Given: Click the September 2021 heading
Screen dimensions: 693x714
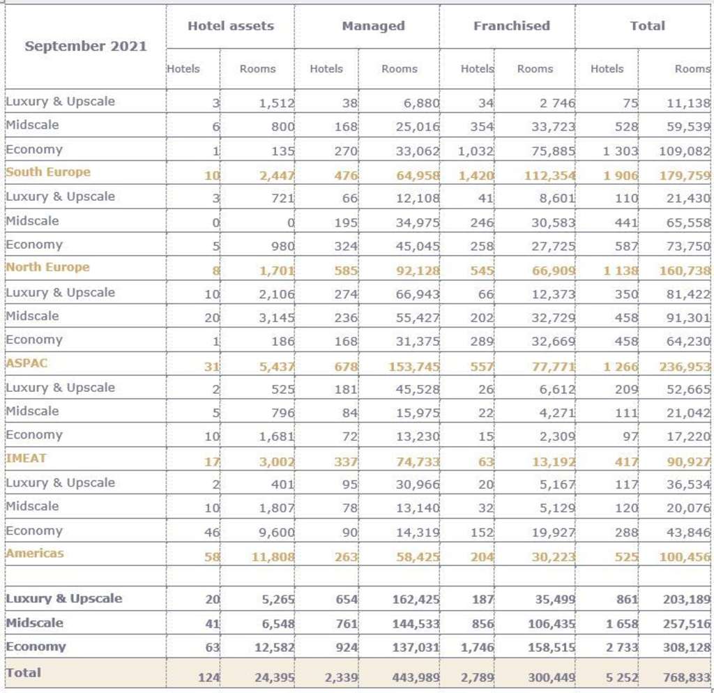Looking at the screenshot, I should coord(86,46).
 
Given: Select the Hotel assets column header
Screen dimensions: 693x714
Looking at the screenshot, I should coord(230,26).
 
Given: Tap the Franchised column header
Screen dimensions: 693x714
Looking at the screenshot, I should coord(511,26).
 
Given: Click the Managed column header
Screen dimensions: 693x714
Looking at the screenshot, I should coord(373,26).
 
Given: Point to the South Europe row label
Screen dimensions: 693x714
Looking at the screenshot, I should coord(48,172).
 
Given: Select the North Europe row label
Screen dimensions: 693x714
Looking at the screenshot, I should coord(47,267).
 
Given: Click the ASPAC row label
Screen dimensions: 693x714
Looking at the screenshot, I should coord(26,363).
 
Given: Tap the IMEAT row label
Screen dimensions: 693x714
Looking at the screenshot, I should coord(26,458).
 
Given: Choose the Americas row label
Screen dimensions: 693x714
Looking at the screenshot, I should coord(34,553).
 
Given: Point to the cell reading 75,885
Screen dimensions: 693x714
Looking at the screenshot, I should coord(552,151).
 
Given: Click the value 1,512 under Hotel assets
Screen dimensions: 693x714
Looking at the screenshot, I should coord(275,103).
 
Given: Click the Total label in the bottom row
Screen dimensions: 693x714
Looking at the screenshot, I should coord(24,673).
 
